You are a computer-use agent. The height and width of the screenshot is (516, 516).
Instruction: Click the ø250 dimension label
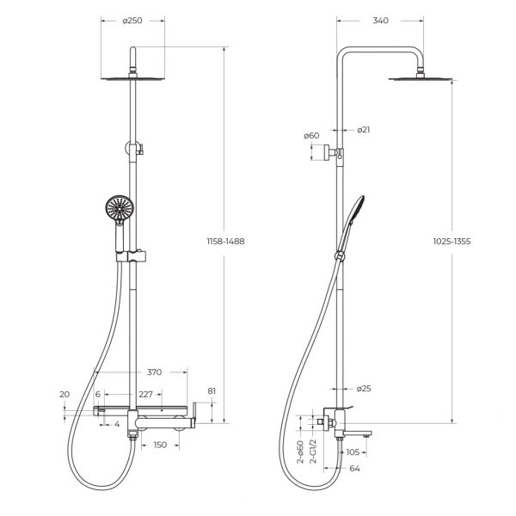point(132,21)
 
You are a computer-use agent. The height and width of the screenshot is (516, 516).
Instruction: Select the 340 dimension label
point(380,21)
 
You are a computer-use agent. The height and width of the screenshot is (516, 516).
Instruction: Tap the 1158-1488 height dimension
point(225,241)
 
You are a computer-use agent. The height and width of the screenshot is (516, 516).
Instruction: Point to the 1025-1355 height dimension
point(451,241)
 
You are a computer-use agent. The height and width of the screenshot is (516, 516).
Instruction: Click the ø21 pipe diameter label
point(364,130)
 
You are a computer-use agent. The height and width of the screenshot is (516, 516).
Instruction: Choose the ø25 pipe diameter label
point(364,389)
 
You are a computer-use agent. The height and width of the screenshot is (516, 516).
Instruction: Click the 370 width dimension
point(154,372)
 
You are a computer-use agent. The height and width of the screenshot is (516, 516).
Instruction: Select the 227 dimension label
point(146,394)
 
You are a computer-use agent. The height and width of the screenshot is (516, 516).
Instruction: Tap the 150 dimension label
point(160,445)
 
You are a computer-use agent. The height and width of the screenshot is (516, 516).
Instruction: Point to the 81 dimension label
point(212,391)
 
